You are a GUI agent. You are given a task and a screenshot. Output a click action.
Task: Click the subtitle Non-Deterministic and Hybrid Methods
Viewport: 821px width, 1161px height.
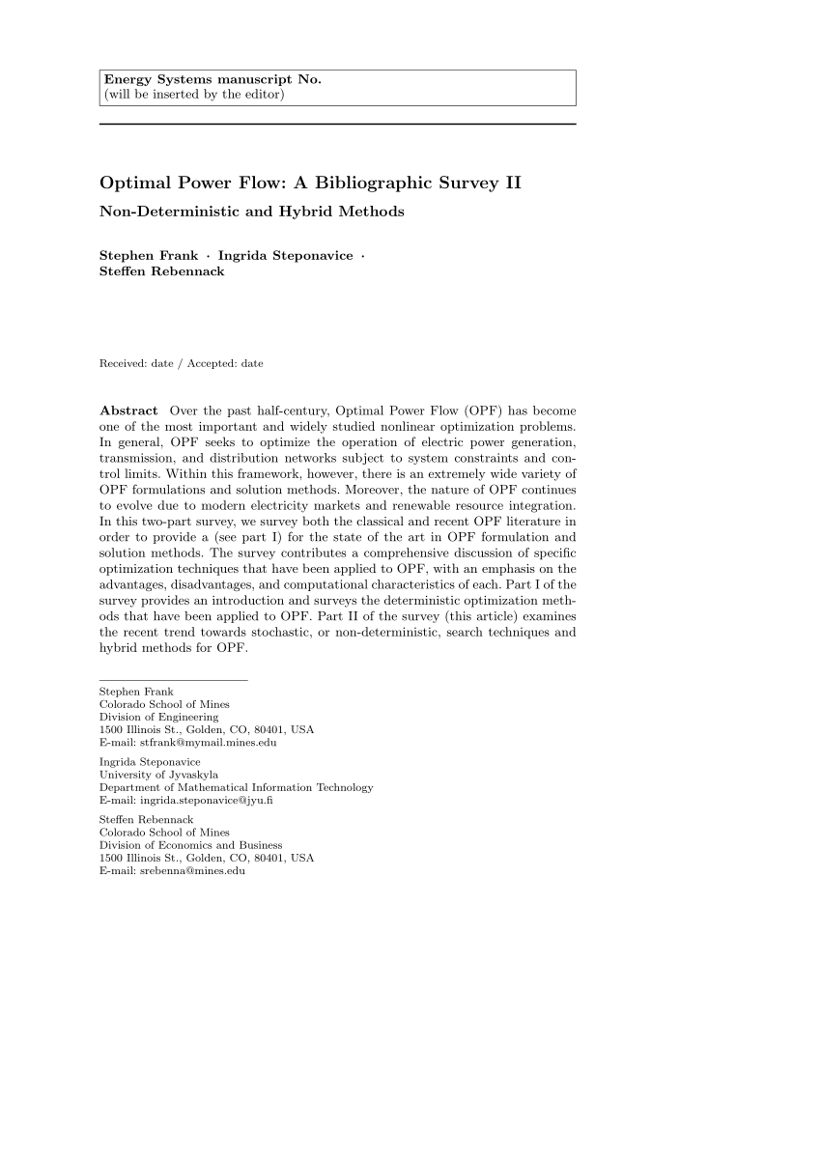click(251, 211)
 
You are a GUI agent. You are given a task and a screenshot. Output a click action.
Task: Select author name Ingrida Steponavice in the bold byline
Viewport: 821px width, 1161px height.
click(285, 255)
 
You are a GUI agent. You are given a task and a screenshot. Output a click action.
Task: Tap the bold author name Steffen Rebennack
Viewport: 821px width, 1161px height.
click(161, 271)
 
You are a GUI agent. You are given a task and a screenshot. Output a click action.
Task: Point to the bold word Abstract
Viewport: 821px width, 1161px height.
click(128, 411)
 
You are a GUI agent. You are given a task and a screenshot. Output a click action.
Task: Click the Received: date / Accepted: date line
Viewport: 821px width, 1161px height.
click(181, 363)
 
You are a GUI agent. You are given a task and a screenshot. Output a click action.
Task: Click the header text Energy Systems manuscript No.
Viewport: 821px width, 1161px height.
click(212, 79)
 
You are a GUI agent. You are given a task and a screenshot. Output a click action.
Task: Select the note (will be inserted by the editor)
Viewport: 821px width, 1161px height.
click(194, 94)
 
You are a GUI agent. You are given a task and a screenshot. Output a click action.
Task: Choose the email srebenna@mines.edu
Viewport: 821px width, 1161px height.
click(192, 871)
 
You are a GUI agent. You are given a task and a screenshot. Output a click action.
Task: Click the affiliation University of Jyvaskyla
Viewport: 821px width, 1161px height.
click(158, 775)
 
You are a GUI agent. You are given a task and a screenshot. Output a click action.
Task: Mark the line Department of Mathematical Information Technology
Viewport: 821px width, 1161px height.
click(236, 787)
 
